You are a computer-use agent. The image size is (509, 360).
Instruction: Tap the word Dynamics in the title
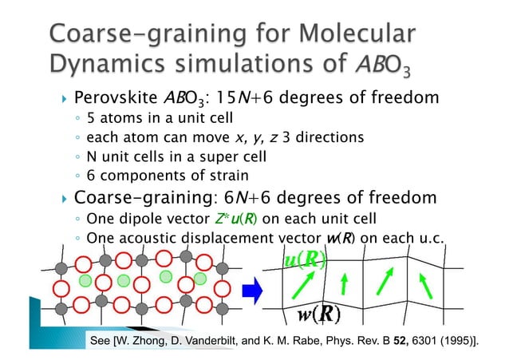103,65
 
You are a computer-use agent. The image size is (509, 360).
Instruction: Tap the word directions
328,137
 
